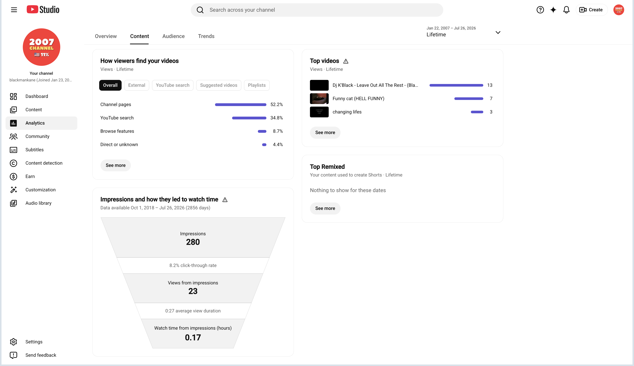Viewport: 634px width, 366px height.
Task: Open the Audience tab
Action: click(173, 36)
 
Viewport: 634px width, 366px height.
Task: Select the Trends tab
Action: click(206, 36)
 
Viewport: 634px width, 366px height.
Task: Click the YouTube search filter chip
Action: click(173, 85)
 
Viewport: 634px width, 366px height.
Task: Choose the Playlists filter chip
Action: click(257, 85)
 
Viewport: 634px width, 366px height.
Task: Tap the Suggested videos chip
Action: click(219, 85)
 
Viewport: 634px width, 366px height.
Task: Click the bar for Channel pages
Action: click(240, 105)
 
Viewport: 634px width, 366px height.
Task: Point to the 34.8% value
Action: click(276, 118)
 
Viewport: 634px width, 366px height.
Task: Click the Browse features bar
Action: click(262, 131)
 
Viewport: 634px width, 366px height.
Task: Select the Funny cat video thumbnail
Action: click(319, 98)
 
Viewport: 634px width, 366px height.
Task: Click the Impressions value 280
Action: click(193, 242)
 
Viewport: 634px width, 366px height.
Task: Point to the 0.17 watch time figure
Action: click(193, 337)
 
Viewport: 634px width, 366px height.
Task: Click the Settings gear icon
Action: click(13, 342)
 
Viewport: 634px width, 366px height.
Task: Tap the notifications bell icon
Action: click(566, 10)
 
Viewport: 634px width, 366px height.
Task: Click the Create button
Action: click(591, 10)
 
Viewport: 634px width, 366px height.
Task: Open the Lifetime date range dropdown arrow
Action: click(498, 32)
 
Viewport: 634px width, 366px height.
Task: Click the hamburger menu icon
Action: click(14, 10)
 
